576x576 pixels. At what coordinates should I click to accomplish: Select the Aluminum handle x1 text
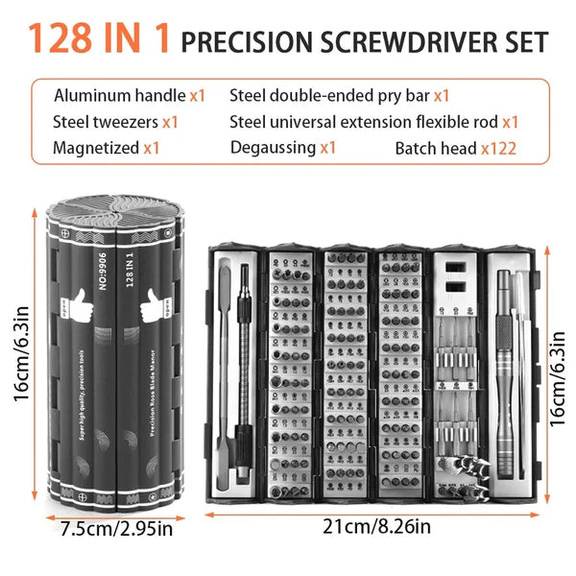point(130,95)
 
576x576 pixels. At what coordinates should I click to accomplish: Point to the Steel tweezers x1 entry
point(116,122)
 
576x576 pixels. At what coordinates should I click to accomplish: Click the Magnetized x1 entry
point(107,148)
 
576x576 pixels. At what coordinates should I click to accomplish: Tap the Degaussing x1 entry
point(283,148)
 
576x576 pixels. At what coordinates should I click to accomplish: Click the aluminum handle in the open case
point(503,365)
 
